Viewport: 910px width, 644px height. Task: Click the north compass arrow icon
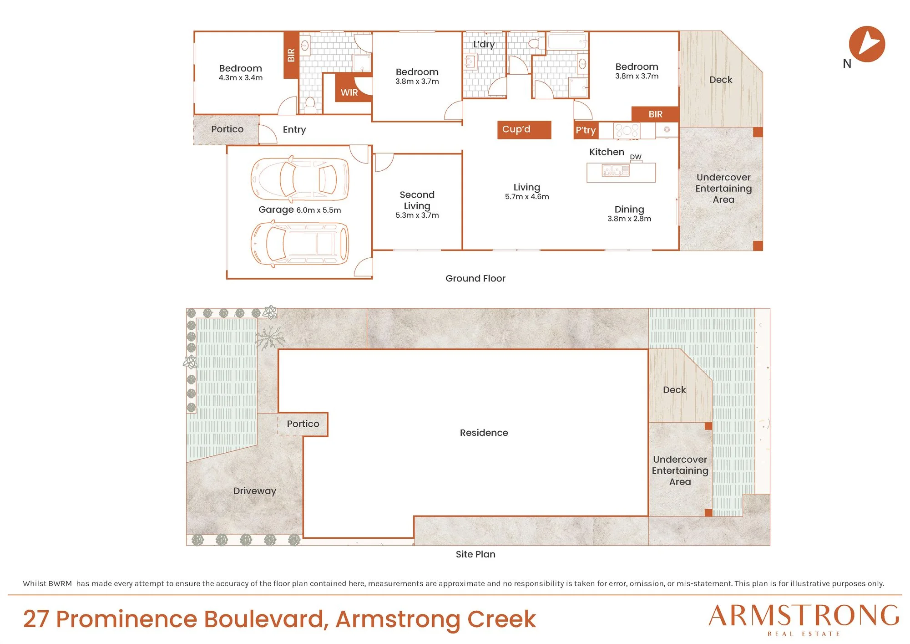[x=867, y=44]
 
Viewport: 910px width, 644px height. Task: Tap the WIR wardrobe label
[x=349, y=92]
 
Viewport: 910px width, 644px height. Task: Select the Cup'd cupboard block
[x=524, y=130]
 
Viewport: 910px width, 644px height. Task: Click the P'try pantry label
[x=586, y=130]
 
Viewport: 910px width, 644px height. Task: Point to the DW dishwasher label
[x=636, y=157]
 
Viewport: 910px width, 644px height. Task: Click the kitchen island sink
[x=616, y=171]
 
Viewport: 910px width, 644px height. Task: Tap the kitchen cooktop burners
[x=627, y=130]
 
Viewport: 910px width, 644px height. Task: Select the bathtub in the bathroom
[x=567, y=41]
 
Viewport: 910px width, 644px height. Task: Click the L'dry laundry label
[x=484, y=44]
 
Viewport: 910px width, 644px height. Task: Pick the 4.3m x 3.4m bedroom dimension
[x=241, y=78]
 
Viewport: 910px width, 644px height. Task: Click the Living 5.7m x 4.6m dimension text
[x=527, y=197]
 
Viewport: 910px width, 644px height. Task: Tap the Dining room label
[x=629, y=210]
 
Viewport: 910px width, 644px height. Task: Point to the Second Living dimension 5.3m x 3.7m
[x=417, y=215]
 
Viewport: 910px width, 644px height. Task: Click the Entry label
[x=294, y=130]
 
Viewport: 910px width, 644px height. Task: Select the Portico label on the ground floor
[x=227, y=129]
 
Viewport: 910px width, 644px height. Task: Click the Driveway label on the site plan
[x=255, y=491]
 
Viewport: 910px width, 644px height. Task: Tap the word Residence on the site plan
[x=484, y=433]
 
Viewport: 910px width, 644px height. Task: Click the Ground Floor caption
[x=475, y=278]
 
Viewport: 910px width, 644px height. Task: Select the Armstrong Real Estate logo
[x=804, y=619]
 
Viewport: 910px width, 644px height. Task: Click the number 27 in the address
[x=36, y=619]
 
